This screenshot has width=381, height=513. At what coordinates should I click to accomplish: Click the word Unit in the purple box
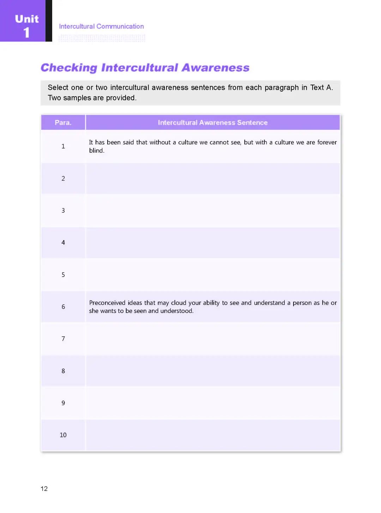point(27,19)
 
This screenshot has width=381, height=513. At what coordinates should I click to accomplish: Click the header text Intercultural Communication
point(101,26)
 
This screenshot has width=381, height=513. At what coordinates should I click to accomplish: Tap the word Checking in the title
point(69,67)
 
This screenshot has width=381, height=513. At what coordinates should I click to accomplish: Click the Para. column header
point(63,123)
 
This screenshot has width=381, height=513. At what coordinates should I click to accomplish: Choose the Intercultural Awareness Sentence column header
point(213,123)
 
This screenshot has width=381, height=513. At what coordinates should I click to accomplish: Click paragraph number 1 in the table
point(63,146)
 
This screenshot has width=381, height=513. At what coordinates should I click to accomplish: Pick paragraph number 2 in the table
point(63,178)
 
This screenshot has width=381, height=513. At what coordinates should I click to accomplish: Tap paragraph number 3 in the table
point(63,210)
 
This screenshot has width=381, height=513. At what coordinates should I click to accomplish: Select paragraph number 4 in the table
point(63,243)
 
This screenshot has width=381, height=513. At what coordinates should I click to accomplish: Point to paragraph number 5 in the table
point(63,275)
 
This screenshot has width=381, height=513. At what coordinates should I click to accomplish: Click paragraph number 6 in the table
point(63,307)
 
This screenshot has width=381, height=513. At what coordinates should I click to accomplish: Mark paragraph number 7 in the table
point(63,339)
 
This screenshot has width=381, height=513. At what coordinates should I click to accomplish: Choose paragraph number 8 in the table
point(63,371)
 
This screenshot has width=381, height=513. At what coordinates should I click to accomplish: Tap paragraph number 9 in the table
point(63,403)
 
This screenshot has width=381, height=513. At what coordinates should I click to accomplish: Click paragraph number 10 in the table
point(63,435)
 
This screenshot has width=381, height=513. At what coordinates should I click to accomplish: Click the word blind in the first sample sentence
point(96,151)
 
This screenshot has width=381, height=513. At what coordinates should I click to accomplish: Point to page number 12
point(44,489)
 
